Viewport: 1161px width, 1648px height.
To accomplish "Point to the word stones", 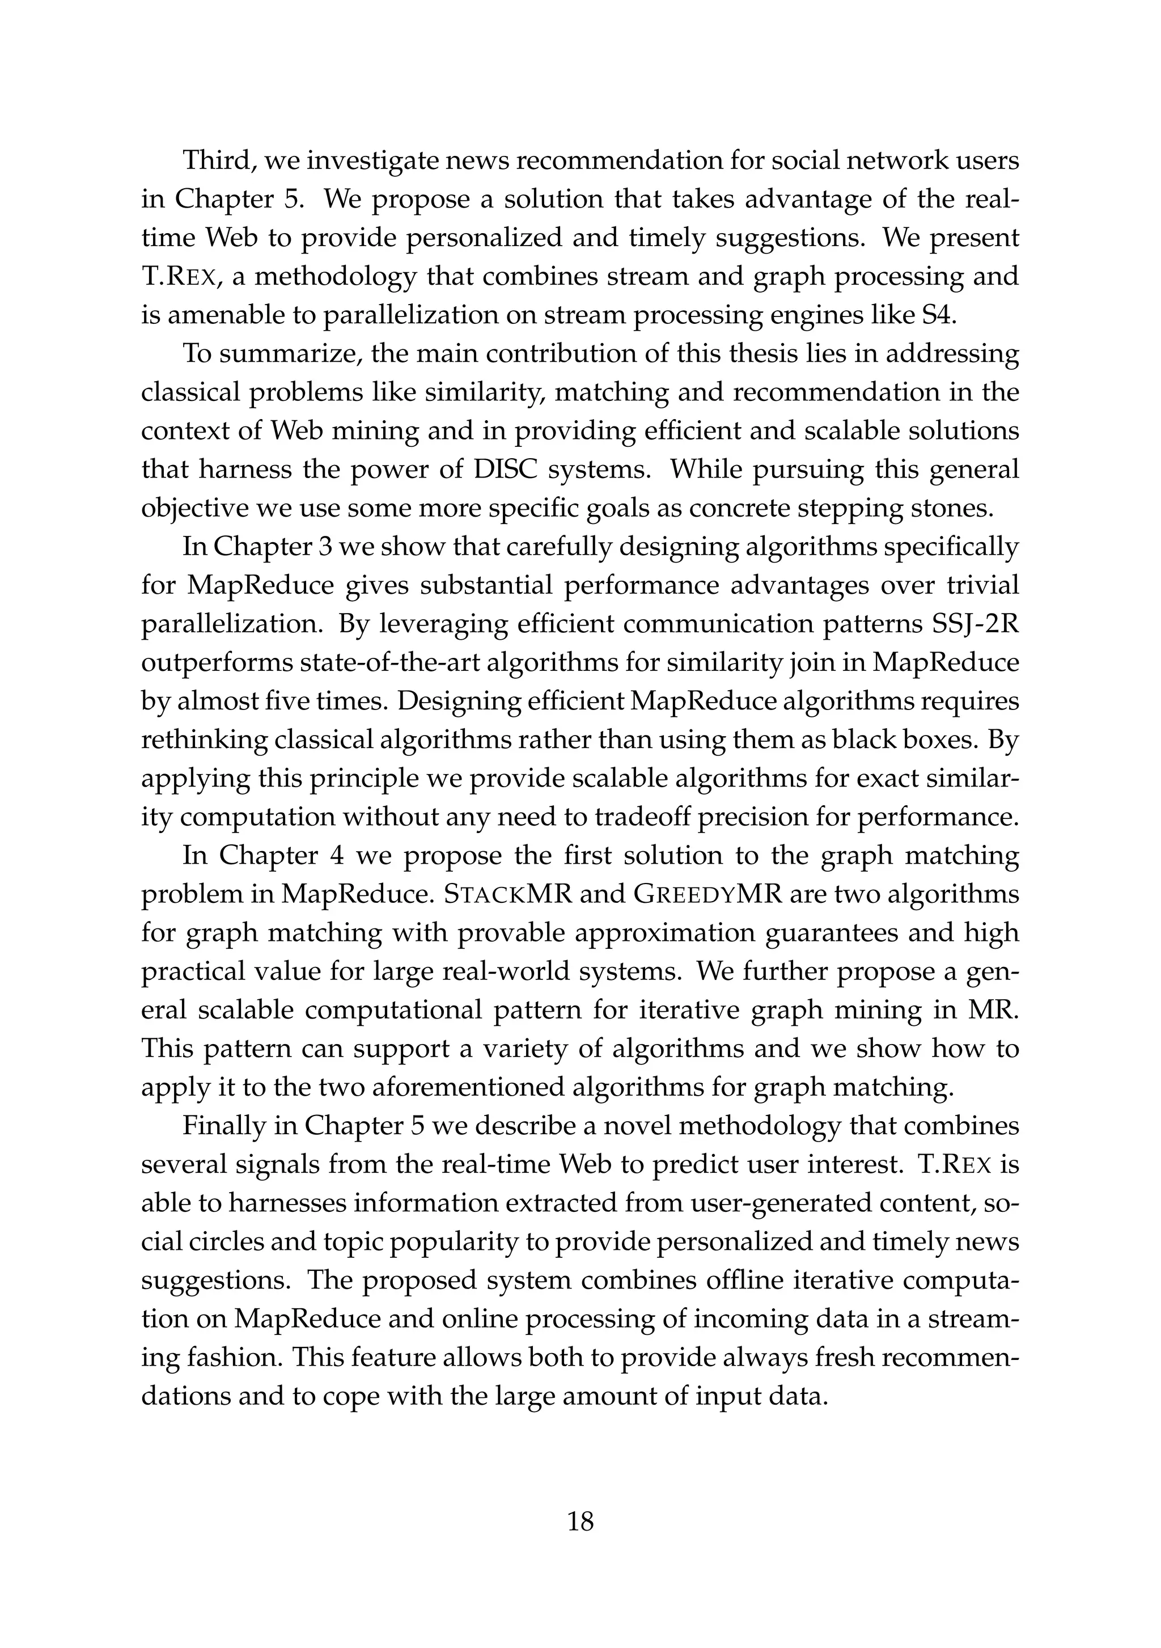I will pos(952,508).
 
